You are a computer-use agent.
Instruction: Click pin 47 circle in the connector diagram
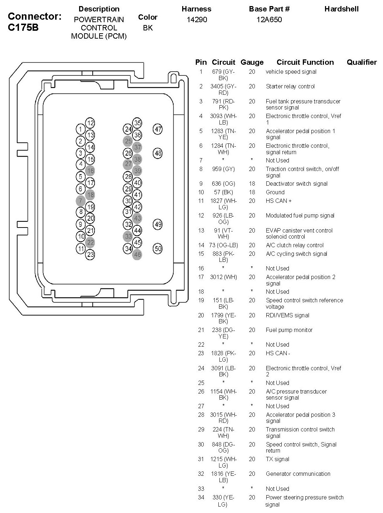point(158,129)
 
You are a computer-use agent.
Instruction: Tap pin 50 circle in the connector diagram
point(158,248)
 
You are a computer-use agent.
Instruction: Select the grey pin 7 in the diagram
point(81,201)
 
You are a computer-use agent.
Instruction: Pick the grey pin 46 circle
point(137,255)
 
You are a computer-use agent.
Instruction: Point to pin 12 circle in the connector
point(90,123)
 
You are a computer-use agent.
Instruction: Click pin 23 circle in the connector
point(90,254)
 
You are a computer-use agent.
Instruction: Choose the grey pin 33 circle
point(128,236)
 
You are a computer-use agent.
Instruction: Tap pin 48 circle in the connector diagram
point(158,153)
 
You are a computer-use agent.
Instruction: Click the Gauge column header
point(252,62)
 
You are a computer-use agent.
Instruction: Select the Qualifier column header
point(362,62)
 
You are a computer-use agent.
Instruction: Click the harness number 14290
point(197,20)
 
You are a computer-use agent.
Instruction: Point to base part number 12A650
point(269,20)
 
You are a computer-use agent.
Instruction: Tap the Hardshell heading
point(341,9)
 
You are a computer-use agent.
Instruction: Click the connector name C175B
point(23,28)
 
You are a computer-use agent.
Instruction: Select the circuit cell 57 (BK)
point(223,192)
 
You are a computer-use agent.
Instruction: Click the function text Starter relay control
point(290,86)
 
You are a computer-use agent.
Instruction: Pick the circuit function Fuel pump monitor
point(289,330)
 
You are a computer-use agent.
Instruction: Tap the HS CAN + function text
point(278,201)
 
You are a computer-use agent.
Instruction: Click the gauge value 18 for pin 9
point(252,184)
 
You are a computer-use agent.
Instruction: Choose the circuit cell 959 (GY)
point(223,169)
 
